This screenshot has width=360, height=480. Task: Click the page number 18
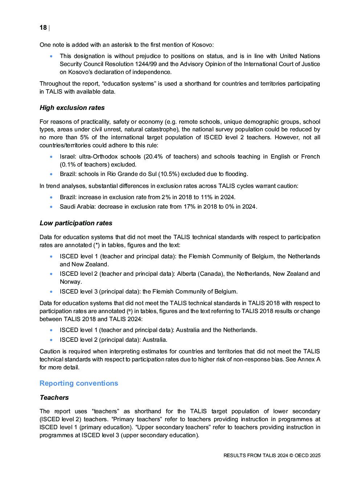click(x=43, y=28)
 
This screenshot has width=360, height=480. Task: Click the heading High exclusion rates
click(x=72, y=108)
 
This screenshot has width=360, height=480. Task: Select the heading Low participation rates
click(x=76, y=223)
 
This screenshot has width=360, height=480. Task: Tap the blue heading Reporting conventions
click(x=79, y=383)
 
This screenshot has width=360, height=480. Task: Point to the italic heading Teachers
click(x=54, y=398)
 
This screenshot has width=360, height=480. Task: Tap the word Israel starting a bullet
click(x=67, y=157)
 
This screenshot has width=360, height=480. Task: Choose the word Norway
click(x=71, y=282)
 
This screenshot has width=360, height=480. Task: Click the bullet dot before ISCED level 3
click(x=51, y=292)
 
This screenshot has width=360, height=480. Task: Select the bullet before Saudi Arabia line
click(x=51, y=207)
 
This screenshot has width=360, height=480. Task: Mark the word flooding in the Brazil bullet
click(x=236, y=174)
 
